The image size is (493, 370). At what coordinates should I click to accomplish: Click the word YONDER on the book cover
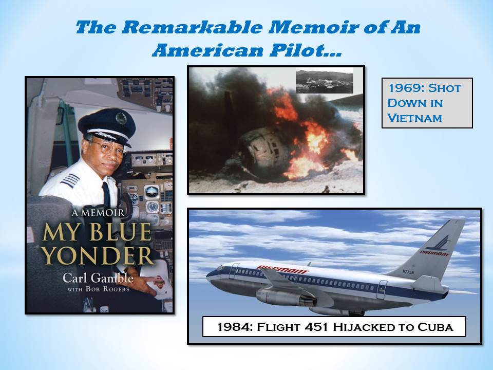(x=97, y=255)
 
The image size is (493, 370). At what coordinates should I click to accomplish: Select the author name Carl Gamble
(x=98, y=279)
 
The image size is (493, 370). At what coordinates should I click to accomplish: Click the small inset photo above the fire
(x=324, y=81)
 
